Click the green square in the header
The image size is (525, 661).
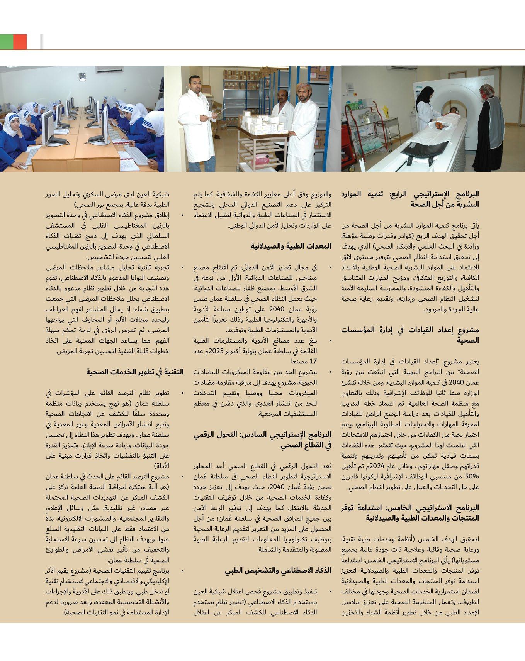pyautogui.click(x=7, y=42)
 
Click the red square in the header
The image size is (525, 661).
pyautogui.click(x=20, y=42)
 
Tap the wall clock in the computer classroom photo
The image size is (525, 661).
pyautogui.click(x=82, y=76)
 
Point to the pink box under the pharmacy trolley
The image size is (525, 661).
pyautogui.click(x=262, y=159)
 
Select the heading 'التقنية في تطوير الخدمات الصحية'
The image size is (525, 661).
pyautogui.click(x=135, y=372)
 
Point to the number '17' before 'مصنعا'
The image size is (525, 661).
pyautogui.click(x=313, y=362)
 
